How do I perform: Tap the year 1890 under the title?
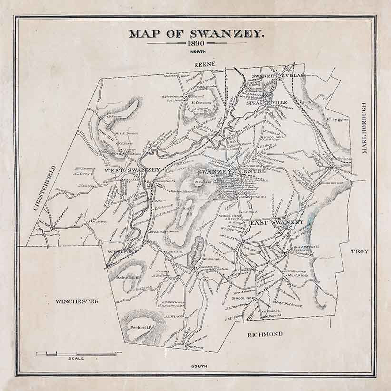(195, 43)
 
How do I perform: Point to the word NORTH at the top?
(195, 51)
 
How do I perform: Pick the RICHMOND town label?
(265, 334)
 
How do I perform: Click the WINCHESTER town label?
(77, 301)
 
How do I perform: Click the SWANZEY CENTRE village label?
(224, 171)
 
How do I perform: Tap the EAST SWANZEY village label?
(276, 222)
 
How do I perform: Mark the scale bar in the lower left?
(76, 354)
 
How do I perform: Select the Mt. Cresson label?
(197, 103)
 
